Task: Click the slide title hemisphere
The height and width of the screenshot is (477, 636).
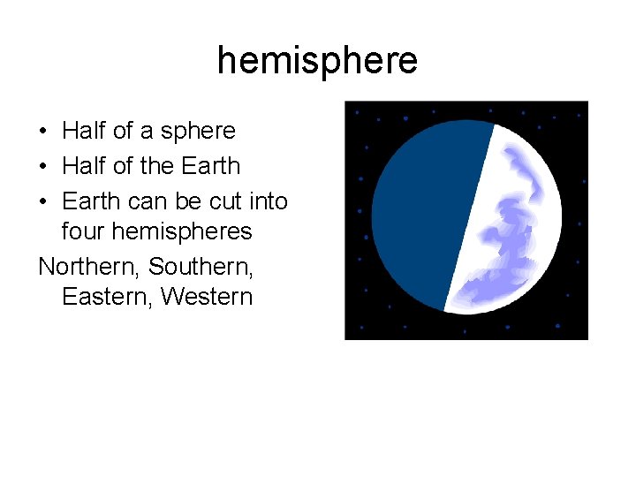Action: [x=317, y=61]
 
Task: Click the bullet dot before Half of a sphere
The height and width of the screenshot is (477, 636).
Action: [x=43, y=132]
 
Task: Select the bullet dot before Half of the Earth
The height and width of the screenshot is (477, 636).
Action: [x=43, y=167]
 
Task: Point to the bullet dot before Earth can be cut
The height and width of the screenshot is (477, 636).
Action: [x=43, y=202]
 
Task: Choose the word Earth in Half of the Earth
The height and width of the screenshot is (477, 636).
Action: [x=210, y=166]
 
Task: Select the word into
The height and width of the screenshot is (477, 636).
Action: [x=269, y=201]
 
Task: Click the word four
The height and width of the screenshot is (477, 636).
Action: [x=85, y=231]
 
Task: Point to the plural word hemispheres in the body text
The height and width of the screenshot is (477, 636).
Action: [x=182, y=232]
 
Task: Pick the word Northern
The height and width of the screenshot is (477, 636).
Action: [x=89, y=265]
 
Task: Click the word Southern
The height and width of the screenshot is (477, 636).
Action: [x=201, y=265]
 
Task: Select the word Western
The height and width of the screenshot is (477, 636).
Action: [x=207, y=297]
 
